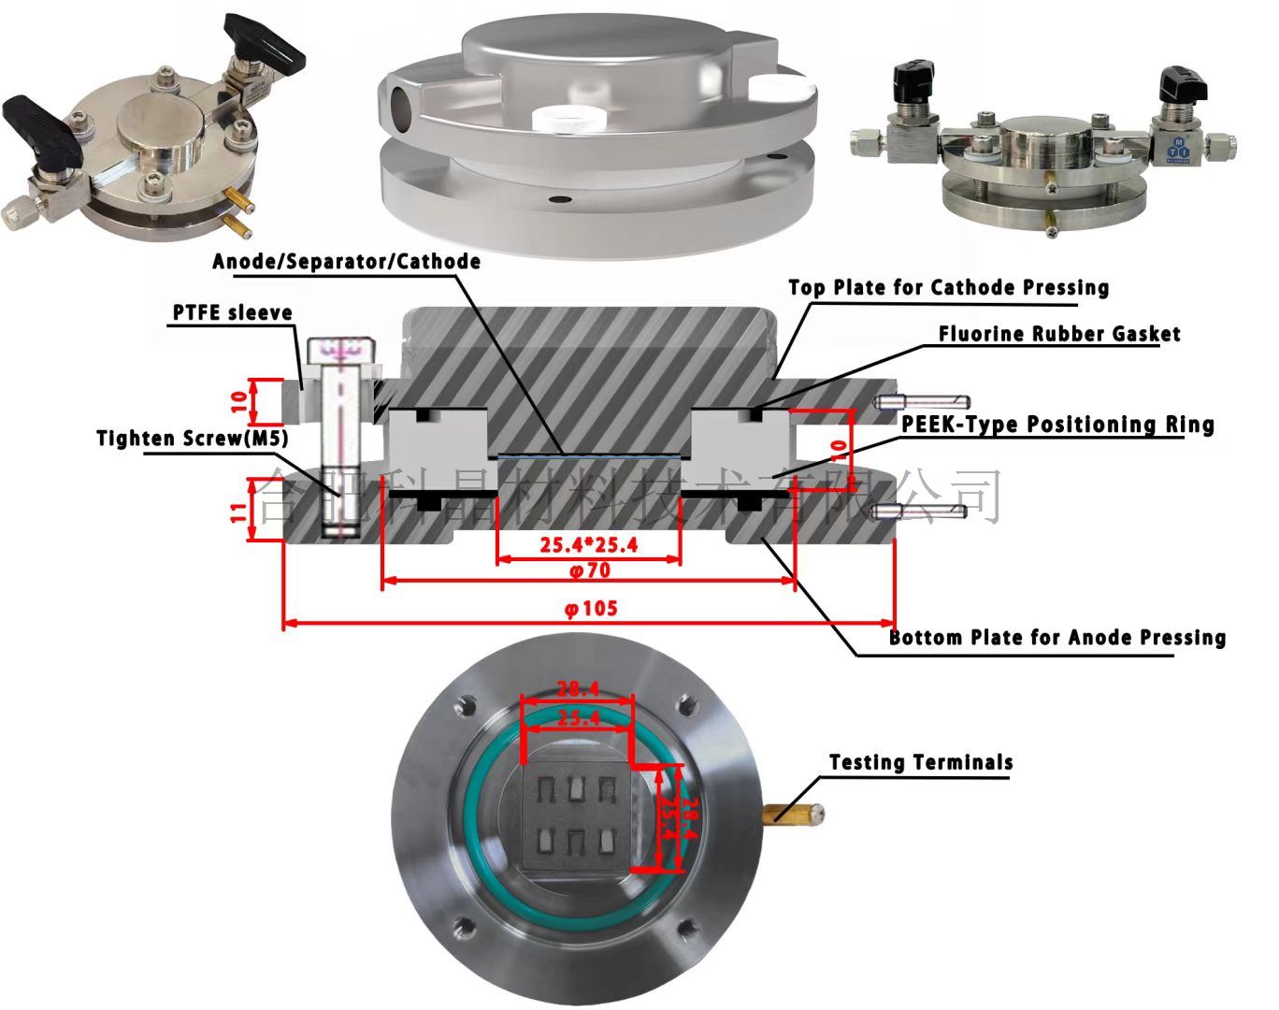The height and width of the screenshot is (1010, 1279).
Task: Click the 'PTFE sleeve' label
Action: point(232,312)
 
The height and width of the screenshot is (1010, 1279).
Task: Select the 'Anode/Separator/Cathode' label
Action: point(346,261)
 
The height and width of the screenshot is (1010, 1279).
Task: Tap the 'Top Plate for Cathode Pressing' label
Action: point(948,287)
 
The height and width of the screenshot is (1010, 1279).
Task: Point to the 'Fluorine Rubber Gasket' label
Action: point(1058,334)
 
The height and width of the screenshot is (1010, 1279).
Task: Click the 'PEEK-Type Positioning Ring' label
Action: point(1057,425)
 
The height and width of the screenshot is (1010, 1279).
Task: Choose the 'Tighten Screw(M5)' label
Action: point(192,439)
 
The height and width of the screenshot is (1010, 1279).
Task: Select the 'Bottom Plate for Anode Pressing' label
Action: point(1056,638)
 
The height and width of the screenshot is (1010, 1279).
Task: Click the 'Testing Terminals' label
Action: point(921,763)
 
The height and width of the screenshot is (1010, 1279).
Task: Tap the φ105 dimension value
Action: point(590,609)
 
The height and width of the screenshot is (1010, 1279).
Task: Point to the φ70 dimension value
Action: point(589,569)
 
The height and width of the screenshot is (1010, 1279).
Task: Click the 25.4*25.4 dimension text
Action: point(588,545)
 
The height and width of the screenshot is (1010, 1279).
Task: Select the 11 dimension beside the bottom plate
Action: point(238,510)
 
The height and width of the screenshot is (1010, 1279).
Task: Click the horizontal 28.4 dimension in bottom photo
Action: point(578,690)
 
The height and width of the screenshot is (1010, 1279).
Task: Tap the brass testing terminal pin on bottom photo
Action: point(795,813)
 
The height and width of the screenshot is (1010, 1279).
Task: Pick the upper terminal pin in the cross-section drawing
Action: point(921,401)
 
